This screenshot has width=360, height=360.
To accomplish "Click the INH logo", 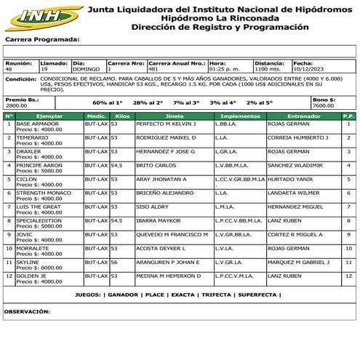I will coord(36,16).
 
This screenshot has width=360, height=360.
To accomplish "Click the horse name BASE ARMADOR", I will coord(36,124).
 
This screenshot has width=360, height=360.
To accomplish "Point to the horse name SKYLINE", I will coord(28,262).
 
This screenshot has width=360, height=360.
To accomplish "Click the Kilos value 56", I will coord(114,262).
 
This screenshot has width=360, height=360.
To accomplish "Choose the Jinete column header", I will coord(175,116).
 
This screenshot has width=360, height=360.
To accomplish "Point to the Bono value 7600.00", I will coord(324,105).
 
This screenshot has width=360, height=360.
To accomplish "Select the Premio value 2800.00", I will coord(17,105).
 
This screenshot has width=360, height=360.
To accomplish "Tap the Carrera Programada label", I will coord(42,39).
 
